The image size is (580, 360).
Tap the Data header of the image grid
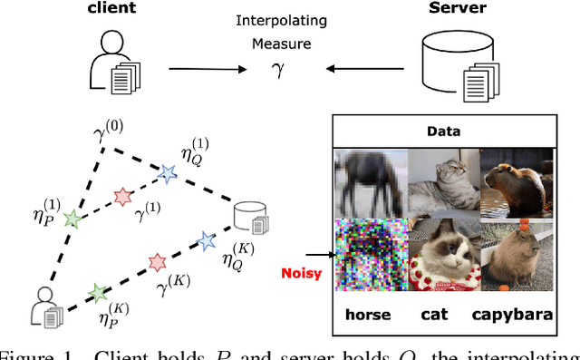443,131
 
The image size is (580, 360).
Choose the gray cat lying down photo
442,182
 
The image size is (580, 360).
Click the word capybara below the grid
516,316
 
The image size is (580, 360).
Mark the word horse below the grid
367,316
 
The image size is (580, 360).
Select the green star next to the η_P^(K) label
97,292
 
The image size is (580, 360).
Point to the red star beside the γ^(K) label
157,263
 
